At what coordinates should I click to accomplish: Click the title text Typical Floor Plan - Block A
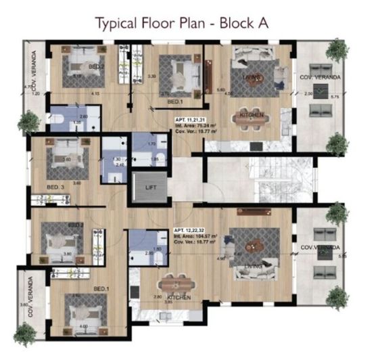(183, 22)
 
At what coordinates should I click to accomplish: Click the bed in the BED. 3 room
(66, 155)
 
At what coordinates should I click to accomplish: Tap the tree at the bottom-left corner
(26, 335)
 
